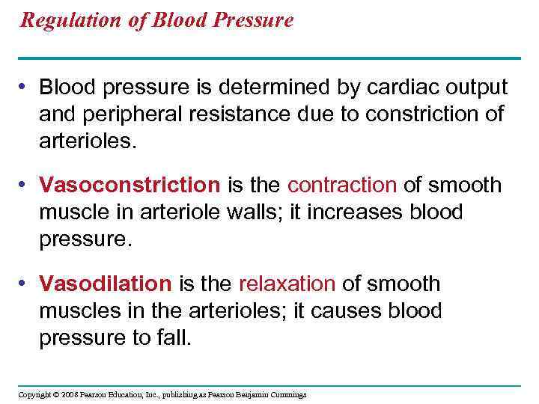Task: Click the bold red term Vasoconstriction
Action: point(130,185)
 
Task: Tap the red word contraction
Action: point(341,185)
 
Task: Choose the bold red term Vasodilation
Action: point(106,284)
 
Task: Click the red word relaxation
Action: point(287,284)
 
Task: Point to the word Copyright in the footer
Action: point(34,394)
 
